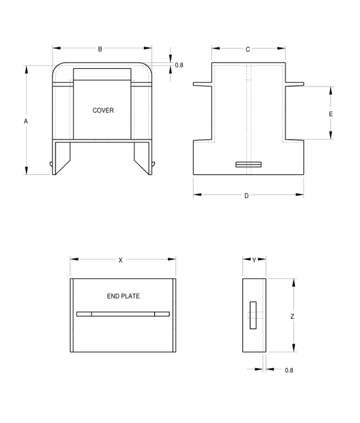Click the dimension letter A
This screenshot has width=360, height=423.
coord(26,121)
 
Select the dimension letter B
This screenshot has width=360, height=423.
coord(100,49)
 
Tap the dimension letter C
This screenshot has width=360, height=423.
coord(248,49)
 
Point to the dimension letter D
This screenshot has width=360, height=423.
coord(246,196)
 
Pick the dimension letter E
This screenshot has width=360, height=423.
coord(330,114)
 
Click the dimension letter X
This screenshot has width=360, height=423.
coord(121,260)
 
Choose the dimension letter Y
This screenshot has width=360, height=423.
coord(254,260)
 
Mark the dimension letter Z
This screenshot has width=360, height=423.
coord(292,316)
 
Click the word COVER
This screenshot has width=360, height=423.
coord(103,110)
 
